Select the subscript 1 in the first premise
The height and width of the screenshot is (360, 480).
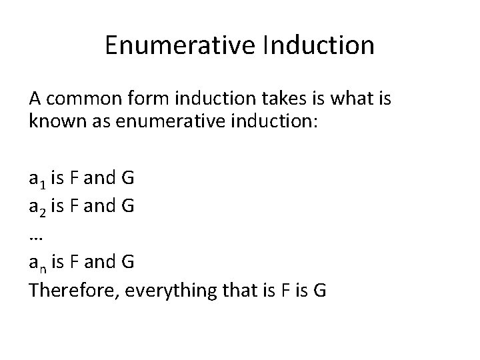tap(42, 182)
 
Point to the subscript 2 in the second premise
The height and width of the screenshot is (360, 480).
tap(42, 209)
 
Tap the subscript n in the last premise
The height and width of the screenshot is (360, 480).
tap(42, 265)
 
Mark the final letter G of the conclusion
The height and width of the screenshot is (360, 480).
tap(319, 291)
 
